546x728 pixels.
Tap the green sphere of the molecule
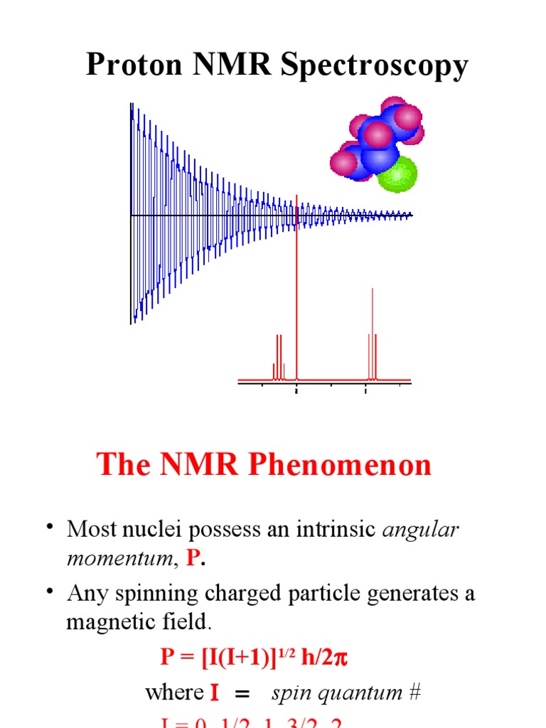397,174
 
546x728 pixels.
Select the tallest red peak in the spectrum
296,284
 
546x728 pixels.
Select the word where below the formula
173,693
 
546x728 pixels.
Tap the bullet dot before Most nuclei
50,527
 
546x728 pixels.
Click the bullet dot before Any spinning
50,591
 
